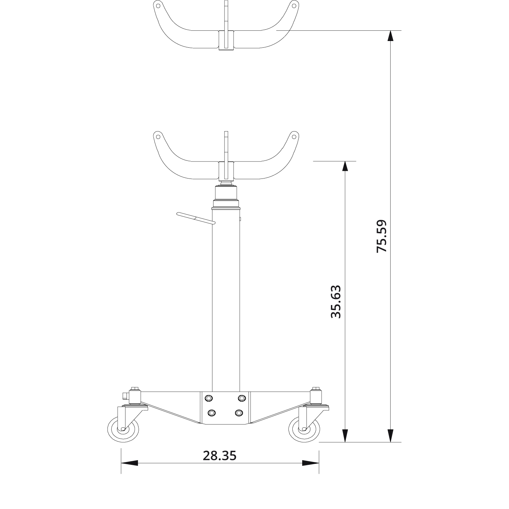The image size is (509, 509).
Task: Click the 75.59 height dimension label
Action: pyautogui.click(x=382, y=236)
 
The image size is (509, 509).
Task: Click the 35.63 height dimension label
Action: pyautogui.click(x=336, y=302)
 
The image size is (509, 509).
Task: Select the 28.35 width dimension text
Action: pyautogui.click(x=220, y=456)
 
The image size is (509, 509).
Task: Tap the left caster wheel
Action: pyautogui.click(x=123, y=429)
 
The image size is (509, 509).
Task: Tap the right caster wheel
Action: pyautogui.click(x=304, y=429)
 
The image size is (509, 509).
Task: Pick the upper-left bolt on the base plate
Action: pyautogui.click(x=209, y=398)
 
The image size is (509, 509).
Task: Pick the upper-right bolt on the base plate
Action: pyautogui.click(x=241, y=398)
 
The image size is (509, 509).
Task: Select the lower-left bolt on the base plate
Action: pyautogui.click(x=212, y=413)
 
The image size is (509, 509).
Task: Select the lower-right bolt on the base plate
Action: pyautogui.click(x=239, y=413)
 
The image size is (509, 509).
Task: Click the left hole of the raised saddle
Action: pyautogui.click(x=158, y=6)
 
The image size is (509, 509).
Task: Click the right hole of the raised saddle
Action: pyautogui.click(x=293, y=6)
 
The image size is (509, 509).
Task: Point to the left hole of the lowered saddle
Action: pyautogui.click(x=158, y=137)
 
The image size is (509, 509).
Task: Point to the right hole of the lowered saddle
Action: pyautogui.click(x=293, y=137)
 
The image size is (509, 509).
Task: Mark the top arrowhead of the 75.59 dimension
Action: pyautogui.click(x=390, y=37)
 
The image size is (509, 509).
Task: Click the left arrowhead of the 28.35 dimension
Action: pyautogui.click(x=129, y=463)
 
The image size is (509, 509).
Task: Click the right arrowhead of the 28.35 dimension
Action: pyautogui.click(x=310, y=463)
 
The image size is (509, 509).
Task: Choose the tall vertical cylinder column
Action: pyautogui.click(x=226, y=300)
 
